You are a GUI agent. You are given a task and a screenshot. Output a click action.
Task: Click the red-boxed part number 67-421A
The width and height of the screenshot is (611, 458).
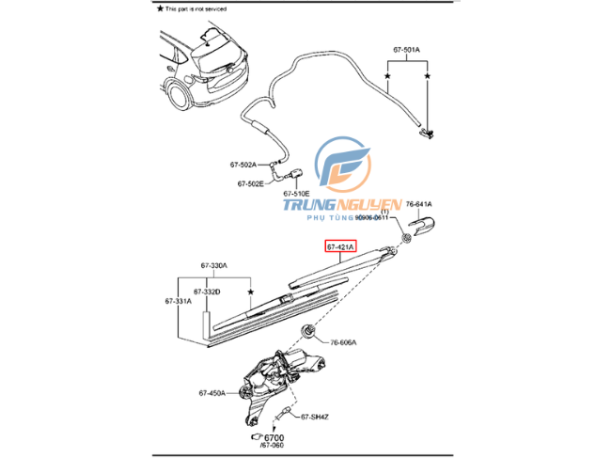click(340, 247)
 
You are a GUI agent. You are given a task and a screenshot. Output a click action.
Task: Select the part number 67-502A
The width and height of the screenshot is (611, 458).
click(243, 164)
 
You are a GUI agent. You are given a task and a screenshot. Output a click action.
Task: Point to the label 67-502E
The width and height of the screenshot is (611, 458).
click(251, 183)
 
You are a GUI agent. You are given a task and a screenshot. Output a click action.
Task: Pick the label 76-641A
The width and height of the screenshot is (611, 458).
click(419, 203)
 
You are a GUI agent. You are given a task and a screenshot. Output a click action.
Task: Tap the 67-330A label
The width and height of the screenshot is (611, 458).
click(213, 266)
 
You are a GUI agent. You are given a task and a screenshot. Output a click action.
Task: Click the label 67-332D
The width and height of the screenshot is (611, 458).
click(206, 292)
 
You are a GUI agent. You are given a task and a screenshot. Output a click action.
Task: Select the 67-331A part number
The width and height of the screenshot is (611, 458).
click(178, 301)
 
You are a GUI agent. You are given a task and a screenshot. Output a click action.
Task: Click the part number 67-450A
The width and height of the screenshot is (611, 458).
click(211, 393)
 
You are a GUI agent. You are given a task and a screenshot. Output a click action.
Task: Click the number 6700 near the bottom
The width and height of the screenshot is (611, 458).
click(274, 437)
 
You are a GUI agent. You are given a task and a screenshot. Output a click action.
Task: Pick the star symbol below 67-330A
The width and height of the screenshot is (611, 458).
click(251, 292)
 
